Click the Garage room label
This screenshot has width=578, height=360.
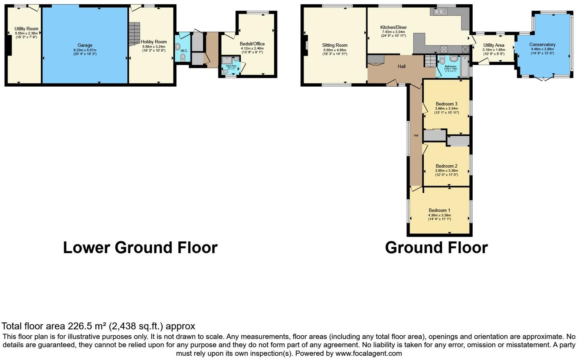85,45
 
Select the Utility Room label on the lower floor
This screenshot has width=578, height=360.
26,29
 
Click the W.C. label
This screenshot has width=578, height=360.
184,51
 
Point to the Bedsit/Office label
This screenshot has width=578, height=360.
252,44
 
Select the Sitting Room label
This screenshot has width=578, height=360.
335,45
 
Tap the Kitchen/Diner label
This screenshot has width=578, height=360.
393,27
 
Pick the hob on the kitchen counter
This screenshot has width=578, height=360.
444,49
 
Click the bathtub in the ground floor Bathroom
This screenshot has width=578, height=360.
464,66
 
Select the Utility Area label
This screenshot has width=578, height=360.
494,45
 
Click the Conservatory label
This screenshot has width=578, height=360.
542,45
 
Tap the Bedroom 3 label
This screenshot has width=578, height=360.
446,104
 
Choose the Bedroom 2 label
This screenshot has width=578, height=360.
446,166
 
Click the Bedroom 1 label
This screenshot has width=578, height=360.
439,210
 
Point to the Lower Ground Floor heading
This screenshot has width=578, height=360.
140,247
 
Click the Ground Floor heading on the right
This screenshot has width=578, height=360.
436,247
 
